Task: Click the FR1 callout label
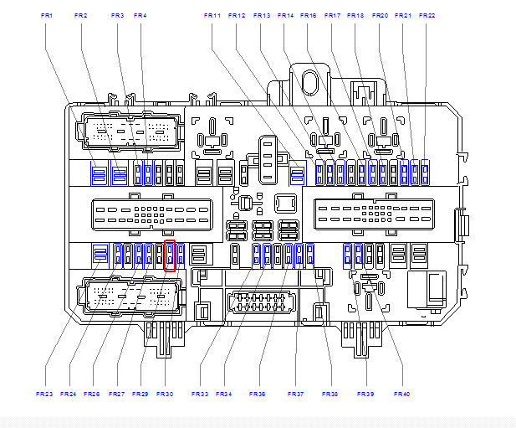46,15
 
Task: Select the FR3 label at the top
117,15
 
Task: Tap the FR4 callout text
140,15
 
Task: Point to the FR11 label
212,15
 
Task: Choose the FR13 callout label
262,15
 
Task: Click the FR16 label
309,15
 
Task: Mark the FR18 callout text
355,15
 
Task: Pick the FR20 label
380,15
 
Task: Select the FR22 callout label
427,15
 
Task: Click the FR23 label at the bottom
44,394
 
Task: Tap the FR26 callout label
92,394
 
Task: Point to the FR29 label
140,394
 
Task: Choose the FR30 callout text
164,394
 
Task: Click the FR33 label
200,394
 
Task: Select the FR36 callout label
257,394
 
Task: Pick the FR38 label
330,394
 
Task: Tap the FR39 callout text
365,394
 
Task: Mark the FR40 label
401,394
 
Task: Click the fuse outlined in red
170,255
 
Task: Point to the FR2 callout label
80,15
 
